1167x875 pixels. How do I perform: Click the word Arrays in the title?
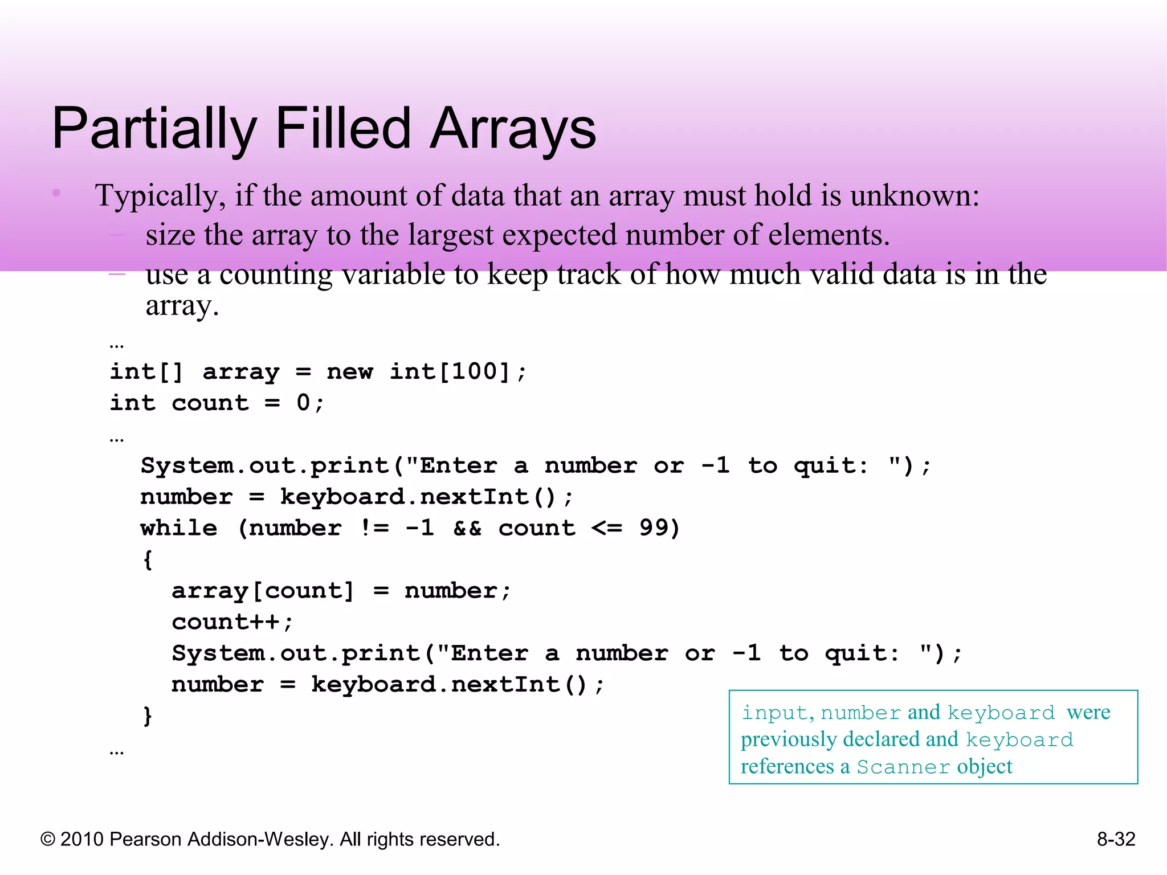pyautogui.click(x=512, y=130)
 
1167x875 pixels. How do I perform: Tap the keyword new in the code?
pyautogui.click(x=349, y=371)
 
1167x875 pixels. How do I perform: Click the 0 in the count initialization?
pyautogui.click(x=303, y=403)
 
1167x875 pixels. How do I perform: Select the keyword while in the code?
pyautogui.click(x=179, y=528)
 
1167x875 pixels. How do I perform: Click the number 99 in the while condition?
pyautogui.click(x=654, y=528)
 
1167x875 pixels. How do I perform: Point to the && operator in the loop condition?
pyautogui.click(x=467, y=528)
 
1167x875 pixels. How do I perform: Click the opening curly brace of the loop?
pyautogui.click(x=148, y=559)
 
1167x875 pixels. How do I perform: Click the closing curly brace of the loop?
pyautogui.click(x=148, y=715)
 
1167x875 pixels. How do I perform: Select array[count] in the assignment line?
pyautogui.click(x=263, y=591)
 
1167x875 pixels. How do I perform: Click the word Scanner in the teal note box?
pyautogui.click(x=903, y=767)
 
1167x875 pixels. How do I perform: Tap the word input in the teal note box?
pyautogui.click(x=774, y=713)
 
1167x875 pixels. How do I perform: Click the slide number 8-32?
pyautogui.click(x=1116, y=839)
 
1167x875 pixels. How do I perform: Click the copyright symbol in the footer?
pyautogui.click(x=48, y=840)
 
